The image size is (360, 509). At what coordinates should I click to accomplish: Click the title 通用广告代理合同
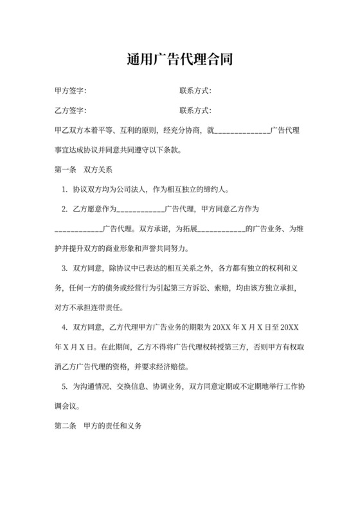[180, 60]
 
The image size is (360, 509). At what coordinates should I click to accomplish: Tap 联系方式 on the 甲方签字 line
[195, 91]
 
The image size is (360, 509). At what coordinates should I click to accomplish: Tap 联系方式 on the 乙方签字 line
[195, 111]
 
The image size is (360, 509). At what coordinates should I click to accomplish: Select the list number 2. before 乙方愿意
[64, 209]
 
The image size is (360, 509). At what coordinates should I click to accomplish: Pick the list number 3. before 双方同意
[64, 267]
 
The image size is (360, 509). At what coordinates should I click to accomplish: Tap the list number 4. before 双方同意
[64, 327]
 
